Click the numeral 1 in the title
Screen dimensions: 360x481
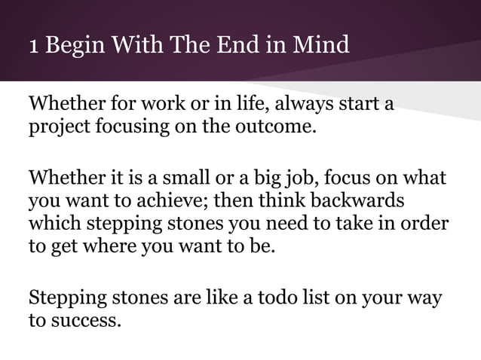33,46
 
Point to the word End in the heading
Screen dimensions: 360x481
248,46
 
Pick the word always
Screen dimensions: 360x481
296,102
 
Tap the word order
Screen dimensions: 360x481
426,224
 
